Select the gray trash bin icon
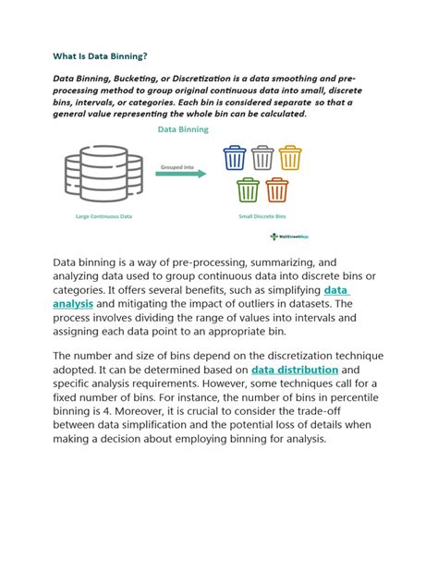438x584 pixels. coord(262,159)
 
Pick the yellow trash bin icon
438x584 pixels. coord(290,159)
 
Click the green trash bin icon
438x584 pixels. coord(247,190)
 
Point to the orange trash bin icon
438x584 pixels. coord(276,190)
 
